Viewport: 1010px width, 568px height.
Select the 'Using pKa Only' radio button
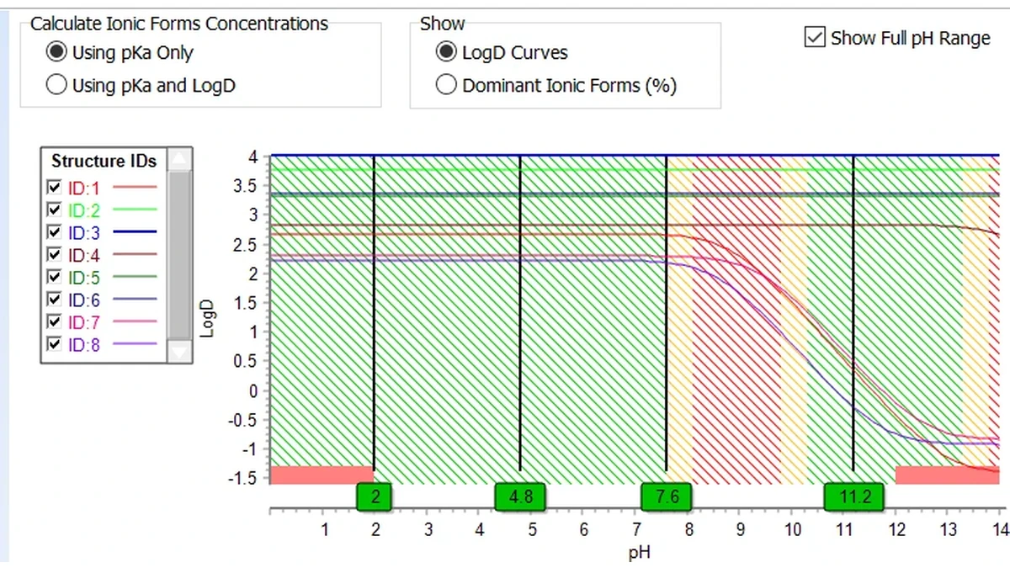[56, 52]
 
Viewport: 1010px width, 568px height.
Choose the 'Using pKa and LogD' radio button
[56, 84]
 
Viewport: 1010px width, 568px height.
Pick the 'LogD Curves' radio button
[446, 52]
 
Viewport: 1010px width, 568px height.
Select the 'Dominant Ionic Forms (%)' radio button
[446, 84]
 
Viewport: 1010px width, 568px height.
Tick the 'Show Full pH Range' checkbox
[815, 37]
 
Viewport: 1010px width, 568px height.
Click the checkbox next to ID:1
[54, 187]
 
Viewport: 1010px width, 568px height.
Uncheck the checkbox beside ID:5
[54, 276]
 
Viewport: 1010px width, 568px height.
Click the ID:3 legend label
[84, 232]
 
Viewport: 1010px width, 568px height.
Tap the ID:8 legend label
[84, 345]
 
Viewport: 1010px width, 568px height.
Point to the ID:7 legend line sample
[135, 321]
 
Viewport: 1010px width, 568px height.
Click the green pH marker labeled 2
[374, 496]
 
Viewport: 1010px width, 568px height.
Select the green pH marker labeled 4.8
[520, 496]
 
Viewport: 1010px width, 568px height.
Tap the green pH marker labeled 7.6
[667, 496]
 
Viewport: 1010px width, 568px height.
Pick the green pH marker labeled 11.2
[854, 496]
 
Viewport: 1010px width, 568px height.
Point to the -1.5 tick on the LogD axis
[243, 478]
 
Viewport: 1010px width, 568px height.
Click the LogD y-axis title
[207, 319]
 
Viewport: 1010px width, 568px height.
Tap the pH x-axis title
[640, 553]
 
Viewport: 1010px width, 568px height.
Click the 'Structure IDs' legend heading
[104, 161]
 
